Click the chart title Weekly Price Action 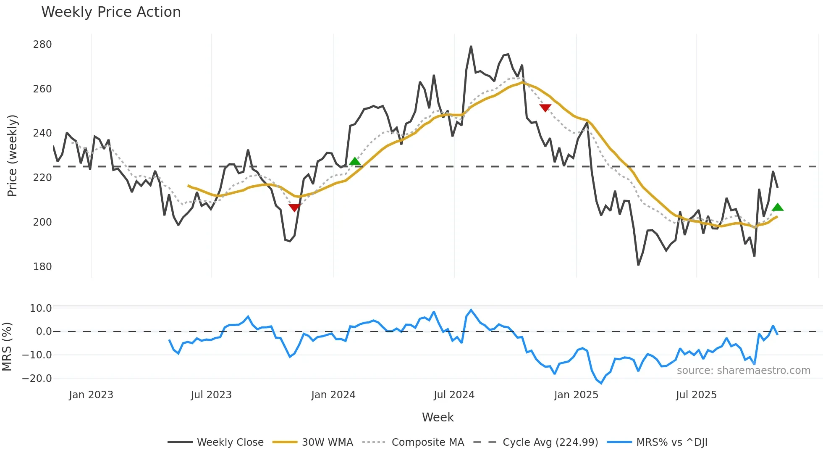(111, 12)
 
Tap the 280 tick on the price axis (42, 45)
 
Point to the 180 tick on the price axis (42, 267)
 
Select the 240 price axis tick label (42, 133)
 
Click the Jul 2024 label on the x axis (454, 395)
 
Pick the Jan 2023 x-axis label (91, 395)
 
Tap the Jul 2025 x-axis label (696, 395)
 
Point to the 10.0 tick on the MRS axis (41, 308)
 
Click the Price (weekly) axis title (13, 155)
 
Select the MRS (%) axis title (7, 347)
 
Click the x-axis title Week (438, 417)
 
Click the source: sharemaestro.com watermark (743, 371)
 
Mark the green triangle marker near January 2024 (355, 161)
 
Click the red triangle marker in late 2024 (545, 108)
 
